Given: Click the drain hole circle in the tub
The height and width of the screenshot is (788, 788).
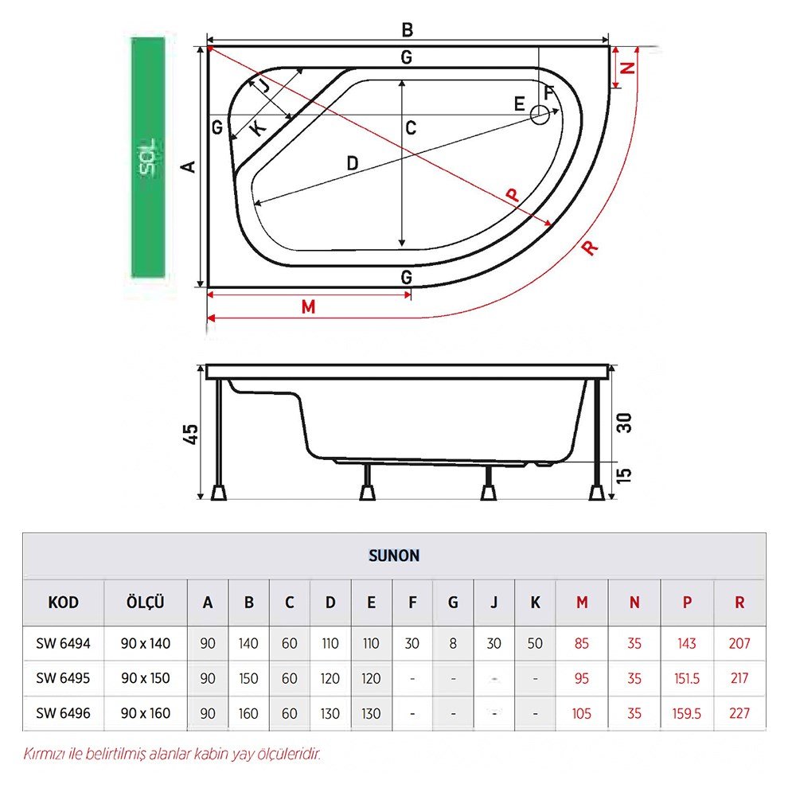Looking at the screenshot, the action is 540,115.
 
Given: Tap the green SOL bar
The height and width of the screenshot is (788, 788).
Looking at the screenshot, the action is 148,158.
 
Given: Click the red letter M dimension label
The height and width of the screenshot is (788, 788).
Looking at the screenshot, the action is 309,306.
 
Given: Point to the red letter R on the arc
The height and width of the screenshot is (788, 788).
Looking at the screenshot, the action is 590,248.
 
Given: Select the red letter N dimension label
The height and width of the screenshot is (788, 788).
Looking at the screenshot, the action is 628,68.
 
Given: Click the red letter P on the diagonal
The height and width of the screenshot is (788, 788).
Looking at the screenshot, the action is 512,194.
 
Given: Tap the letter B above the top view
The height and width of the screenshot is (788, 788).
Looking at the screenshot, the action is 408,30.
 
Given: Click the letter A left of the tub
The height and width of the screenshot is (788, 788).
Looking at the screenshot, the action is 189,167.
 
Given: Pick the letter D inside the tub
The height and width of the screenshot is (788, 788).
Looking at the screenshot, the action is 353,163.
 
